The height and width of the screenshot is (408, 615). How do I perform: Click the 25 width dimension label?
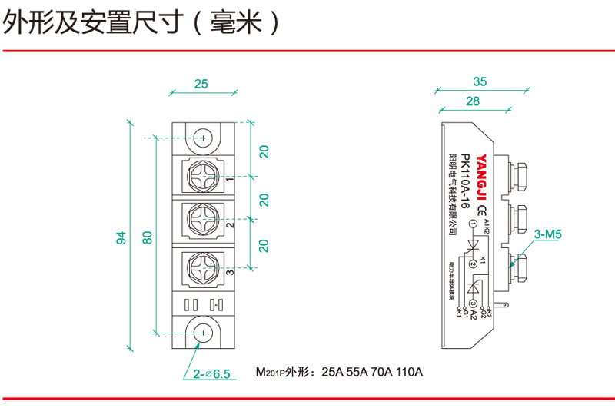(201, 85)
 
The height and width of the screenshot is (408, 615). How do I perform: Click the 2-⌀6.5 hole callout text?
(211, 374)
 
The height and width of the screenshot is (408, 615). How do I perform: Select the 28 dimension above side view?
(473, 101)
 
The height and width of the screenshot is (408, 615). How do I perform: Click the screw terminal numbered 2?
(204, 222)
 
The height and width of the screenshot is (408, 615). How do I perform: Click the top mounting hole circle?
(204, 138)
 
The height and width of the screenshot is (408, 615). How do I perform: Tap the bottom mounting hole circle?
(204, 332)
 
